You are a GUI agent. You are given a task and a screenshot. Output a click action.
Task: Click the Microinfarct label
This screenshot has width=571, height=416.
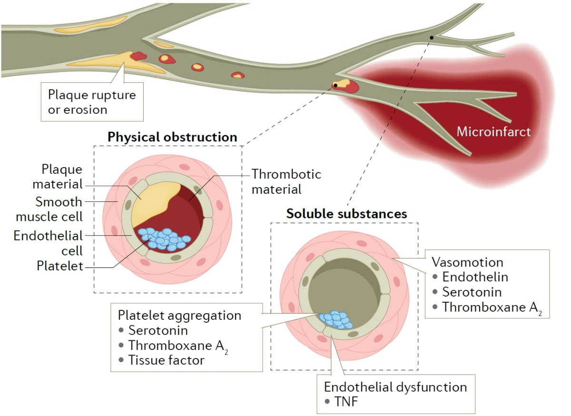(493, 132)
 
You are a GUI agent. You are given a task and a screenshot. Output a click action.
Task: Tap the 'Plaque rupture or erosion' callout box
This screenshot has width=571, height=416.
(92, 102)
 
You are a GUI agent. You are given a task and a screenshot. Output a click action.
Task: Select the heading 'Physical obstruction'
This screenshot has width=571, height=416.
(172, 138)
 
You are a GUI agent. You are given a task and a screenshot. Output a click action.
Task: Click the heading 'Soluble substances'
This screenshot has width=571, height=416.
(346, 214)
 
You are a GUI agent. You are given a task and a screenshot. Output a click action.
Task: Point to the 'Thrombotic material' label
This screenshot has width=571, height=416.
(286, 181)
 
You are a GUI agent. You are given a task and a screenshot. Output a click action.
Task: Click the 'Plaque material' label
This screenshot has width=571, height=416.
(62, 177)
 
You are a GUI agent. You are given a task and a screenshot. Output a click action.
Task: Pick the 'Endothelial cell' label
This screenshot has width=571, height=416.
(48, 243)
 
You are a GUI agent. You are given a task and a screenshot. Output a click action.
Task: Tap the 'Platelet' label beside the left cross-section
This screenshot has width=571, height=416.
(60, 266)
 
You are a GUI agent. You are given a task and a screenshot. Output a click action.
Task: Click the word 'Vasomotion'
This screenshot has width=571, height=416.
(467, 262)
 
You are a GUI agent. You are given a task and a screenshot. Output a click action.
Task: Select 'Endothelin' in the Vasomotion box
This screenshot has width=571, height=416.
(475, 277)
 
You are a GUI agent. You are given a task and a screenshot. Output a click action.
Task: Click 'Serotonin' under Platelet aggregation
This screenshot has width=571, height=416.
(158, 330)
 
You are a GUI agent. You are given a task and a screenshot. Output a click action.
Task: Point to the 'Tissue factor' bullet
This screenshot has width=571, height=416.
(166, 360)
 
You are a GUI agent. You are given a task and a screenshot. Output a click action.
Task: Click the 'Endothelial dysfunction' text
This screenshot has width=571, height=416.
(395, 386)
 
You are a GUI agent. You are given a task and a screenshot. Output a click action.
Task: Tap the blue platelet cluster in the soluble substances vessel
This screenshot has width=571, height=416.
(336, 319)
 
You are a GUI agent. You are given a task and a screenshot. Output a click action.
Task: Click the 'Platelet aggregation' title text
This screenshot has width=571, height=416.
(179, 316)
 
